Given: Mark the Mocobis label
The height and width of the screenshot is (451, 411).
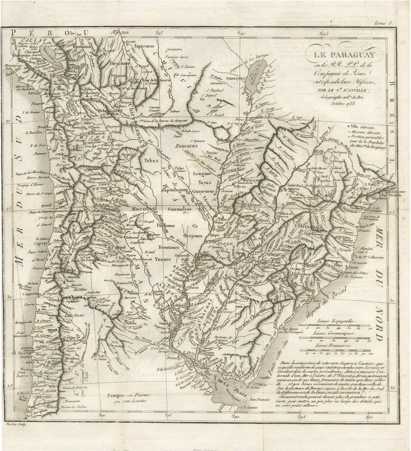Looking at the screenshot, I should [x=144, y=210].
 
